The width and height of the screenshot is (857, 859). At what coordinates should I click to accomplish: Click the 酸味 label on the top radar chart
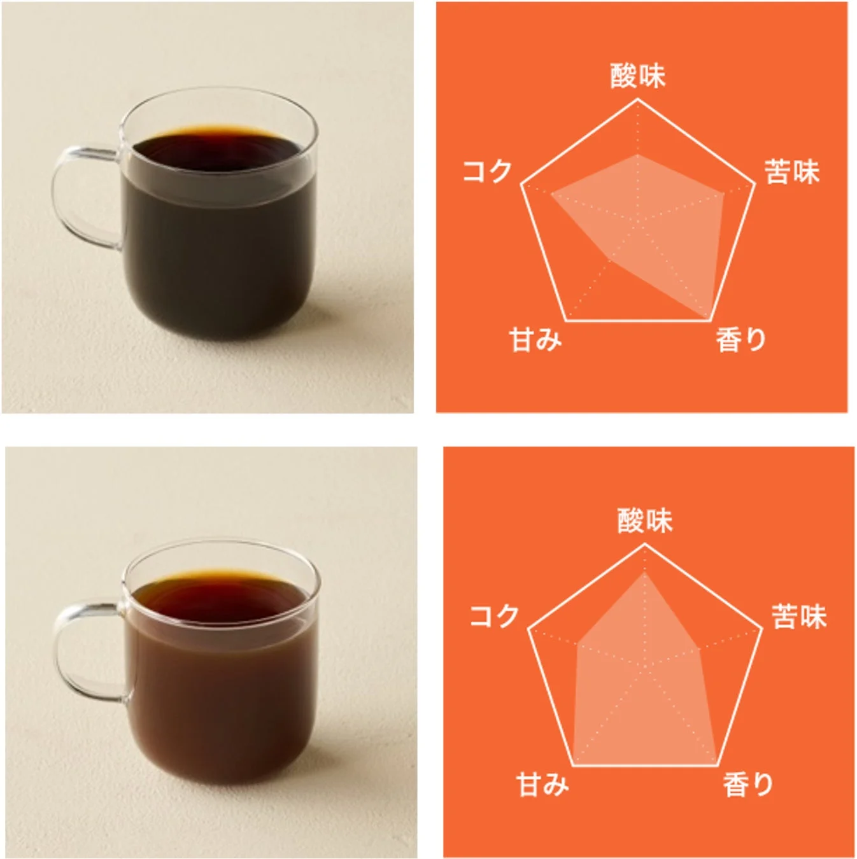637,76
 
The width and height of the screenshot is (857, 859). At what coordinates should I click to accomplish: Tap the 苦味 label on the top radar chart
791,172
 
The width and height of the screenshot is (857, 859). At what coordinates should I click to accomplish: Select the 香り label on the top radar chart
740,339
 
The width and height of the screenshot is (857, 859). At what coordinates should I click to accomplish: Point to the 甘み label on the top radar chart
535,339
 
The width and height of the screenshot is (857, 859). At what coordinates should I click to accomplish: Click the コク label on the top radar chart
487,172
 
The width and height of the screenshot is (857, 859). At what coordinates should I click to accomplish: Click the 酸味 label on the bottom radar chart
644,520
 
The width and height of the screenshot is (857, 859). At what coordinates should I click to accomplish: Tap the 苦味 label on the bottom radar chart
799,617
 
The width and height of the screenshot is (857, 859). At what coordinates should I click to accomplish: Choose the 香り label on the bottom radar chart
748,784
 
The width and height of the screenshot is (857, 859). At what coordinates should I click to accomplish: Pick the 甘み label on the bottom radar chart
542,784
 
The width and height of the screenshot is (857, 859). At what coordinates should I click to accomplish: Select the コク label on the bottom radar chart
494,617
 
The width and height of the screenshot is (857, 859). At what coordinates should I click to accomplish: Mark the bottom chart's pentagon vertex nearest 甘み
574,765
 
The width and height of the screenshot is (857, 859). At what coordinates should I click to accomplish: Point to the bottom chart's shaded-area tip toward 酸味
644,572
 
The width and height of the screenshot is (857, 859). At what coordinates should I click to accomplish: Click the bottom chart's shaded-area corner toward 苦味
699,649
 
